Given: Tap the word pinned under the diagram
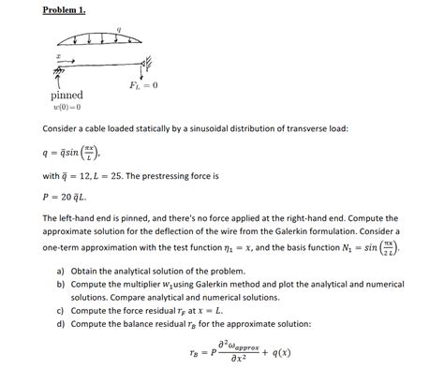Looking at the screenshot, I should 67,96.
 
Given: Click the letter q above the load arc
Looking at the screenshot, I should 118,30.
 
